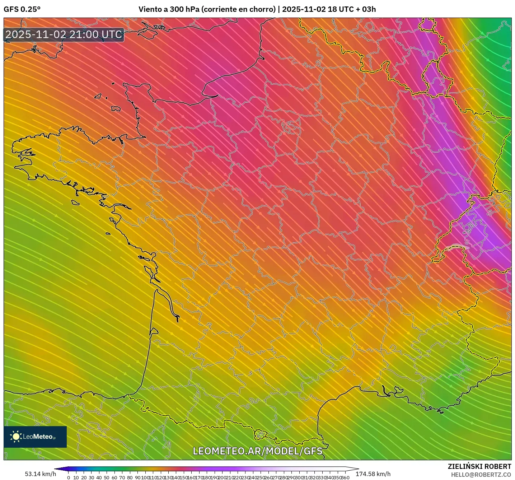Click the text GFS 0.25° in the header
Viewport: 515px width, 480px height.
click(x=22, y=9)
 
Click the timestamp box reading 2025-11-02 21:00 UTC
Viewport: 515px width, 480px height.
click(x=64, y=34)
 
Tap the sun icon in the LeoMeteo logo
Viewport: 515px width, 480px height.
click(x=16, y=437)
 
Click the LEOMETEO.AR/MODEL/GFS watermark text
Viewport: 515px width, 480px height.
click(x=257, y=451)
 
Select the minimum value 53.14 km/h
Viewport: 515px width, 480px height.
click(x=41, y=474)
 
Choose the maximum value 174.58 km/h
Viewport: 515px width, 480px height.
click(x=373, y=474)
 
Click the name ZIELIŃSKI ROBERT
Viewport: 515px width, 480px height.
click(x=479, y=466)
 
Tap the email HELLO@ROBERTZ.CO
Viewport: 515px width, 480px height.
click(x=481, y=475)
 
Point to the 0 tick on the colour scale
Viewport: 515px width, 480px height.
click(x=69, y=477)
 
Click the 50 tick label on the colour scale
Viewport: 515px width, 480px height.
click(x=107, y=477)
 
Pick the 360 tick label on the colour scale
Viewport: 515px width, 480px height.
click(x=345, y=477)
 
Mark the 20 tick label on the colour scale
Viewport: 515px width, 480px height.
click(x=84, y=477)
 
